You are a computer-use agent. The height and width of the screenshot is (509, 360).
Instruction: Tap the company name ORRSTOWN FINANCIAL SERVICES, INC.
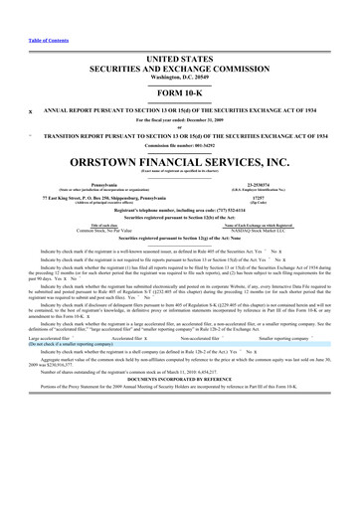179,161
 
